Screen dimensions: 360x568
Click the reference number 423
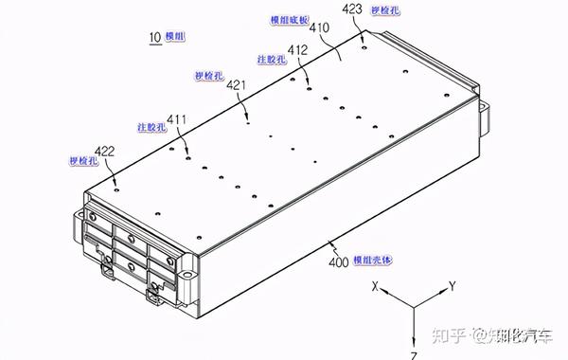click(x=351, y=9)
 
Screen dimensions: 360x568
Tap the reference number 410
click(x=318, y=28)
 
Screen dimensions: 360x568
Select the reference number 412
click(x=297, y=49)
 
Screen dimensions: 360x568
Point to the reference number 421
click(x=237, y=85)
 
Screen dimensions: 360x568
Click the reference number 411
click(x=177, y=119)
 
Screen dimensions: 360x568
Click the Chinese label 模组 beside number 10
click(x=176, y=36)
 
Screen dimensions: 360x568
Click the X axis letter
click(x=376, y=284)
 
